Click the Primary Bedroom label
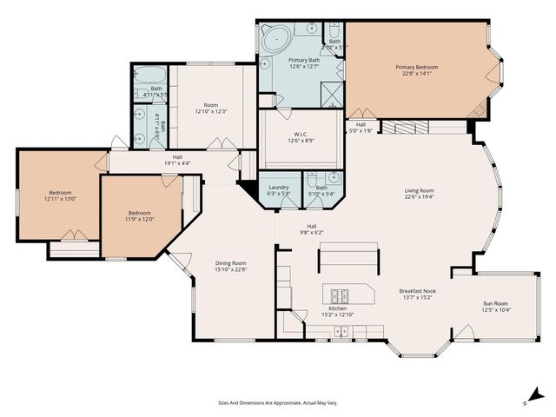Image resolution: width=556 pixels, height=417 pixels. tap(416, 67)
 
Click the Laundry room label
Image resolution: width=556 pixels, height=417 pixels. tap(279, 187)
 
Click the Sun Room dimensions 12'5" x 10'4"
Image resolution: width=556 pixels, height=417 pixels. tap(496, 310)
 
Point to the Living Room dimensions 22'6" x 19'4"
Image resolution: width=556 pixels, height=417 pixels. tap(419, 197)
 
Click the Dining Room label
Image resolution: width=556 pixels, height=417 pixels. tap(231, 263)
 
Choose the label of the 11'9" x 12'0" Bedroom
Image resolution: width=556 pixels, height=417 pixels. tap(140, 213)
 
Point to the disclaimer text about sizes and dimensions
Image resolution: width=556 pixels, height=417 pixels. tap(277, 402)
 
